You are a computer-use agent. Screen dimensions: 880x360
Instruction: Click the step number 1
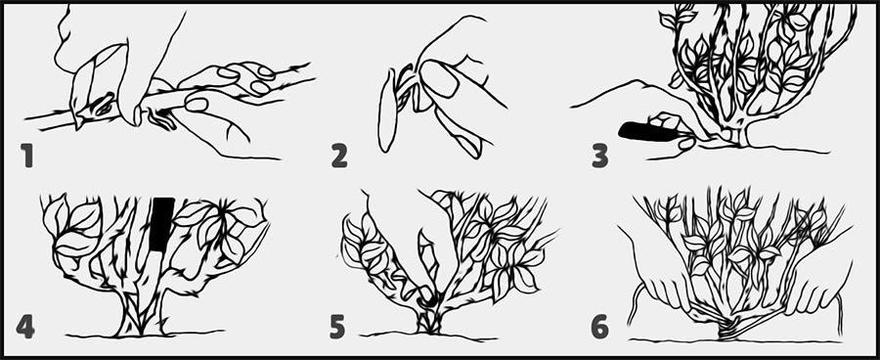[x=26, y=157]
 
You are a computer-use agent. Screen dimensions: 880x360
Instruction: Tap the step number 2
[x=339, y=157]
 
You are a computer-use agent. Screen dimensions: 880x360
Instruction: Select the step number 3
[x=599, y=157]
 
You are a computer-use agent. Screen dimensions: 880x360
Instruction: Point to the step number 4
[x=25, y=327]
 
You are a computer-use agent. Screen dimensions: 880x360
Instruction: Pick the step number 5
[x=337, y=327]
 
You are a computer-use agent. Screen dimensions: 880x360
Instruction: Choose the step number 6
[x=600, y=327]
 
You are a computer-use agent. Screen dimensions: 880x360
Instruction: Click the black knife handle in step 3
[x=646, y=132]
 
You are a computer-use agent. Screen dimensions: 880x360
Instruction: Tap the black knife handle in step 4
[x=162, y=223]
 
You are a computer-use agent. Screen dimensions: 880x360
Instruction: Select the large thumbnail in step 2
[x=438, y=78]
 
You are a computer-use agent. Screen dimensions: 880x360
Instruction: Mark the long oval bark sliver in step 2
[x=386, y=112]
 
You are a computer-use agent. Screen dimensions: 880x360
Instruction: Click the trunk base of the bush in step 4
[x=140, y=320]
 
